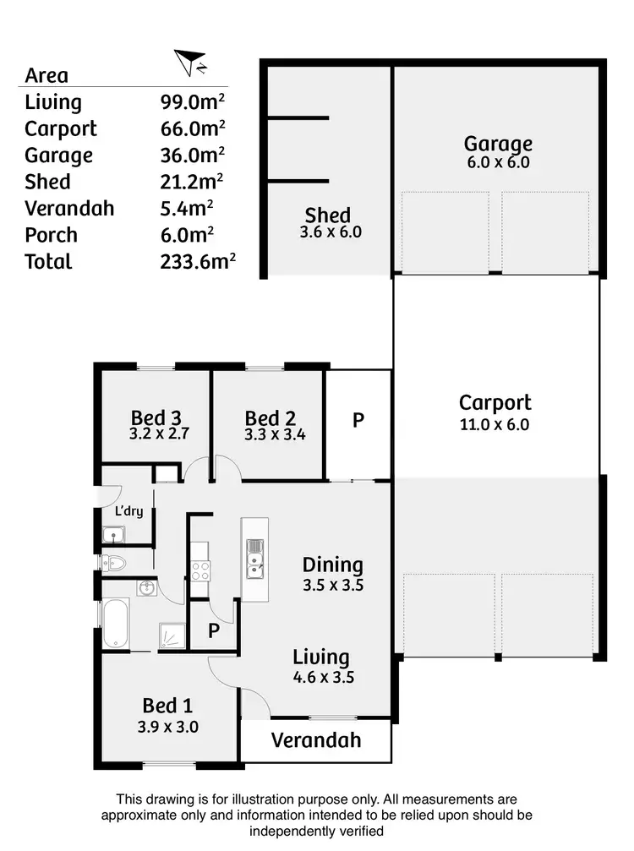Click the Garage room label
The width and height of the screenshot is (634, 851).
point(498,143)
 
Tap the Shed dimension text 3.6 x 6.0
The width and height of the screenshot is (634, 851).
point(331,232)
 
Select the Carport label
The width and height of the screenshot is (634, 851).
point(495,402)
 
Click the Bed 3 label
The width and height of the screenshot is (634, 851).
point(156,417)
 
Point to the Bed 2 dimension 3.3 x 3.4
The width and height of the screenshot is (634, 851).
point(270,437)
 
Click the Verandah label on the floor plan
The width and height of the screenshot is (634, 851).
point(315,740)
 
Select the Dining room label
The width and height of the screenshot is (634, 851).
point(332,565)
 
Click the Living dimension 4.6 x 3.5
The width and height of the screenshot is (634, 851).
point(321,676)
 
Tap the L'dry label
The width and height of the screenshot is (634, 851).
point(128,511)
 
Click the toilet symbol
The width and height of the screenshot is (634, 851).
point(114,562)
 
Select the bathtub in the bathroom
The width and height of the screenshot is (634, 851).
point(116,625)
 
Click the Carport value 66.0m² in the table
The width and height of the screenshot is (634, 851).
point(193,128)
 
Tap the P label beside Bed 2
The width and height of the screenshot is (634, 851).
point(358,420)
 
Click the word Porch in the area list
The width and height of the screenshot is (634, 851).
point(51,235)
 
